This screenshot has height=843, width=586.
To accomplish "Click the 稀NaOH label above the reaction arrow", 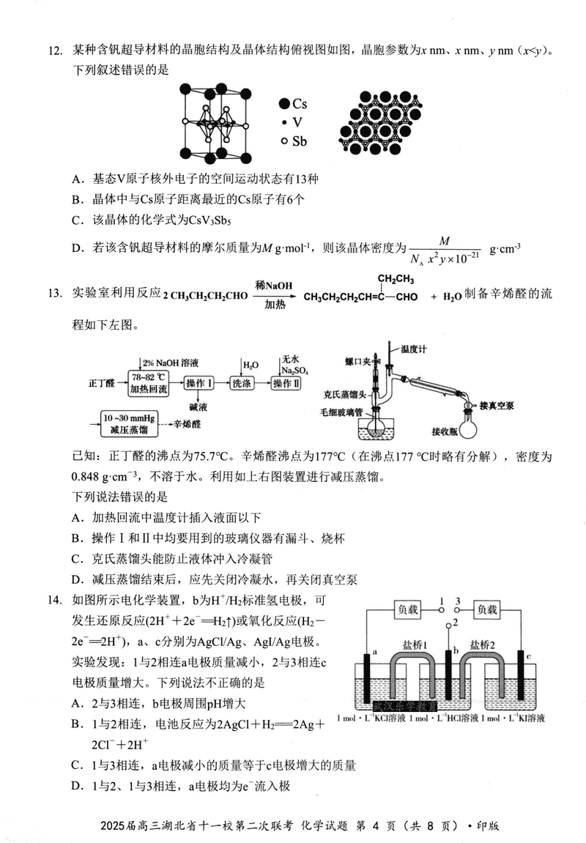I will (270, 285).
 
